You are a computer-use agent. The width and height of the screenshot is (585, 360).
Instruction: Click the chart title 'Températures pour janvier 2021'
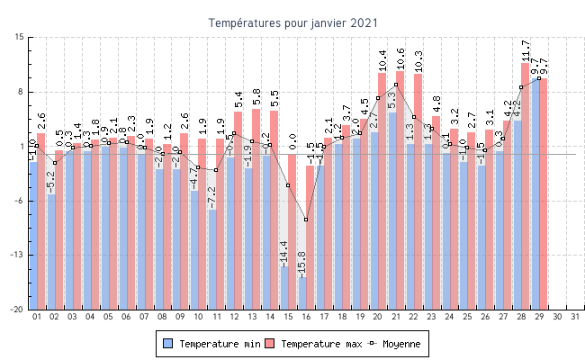293,22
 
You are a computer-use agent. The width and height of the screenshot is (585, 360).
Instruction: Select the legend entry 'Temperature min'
213,344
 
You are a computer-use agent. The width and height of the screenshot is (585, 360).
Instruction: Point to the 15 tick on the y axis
19,38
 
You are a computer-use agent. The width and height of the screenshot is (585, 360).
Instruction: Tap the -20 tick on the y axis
17,310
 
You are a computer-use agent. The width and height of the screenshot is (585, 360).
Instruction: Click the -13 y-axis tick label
17,256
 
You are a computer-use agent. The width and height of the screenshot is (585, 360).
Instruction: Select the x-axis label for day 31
575,317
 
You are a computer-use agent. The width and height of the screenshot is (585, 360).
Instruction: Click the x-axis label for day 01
37,317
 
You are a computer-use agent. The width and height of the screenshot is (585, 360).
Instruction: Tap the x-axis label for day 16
306,317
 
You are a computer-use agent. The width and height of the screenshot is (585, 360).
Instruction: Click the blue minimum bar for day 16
302,292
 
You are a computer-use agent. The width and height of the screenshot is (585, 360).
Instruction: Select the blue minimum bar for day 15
284,287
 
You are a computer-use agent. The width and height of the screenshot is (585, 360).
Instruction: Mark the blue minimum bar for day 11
212,259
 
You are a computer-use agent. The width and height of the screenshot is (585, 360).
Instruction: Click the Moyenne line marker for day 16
306,220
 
